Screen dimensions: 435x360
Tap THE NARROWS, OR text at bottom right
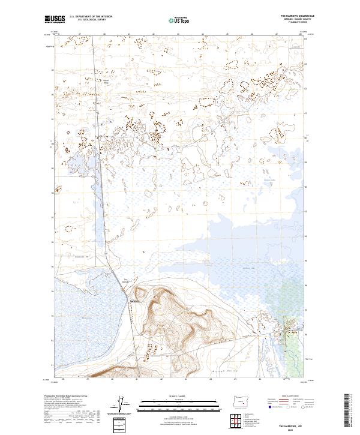(292, 424)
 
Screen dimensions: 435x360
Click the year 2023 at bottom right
(292, 428)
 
